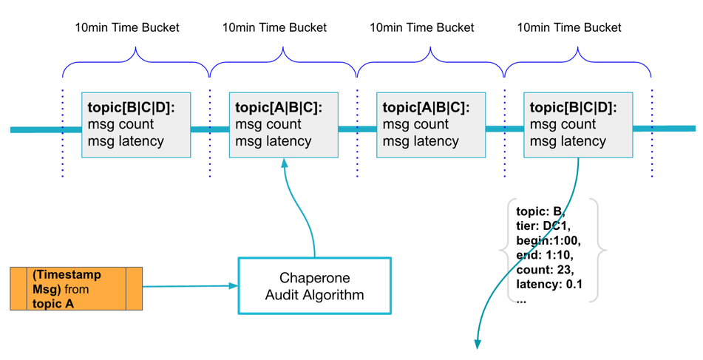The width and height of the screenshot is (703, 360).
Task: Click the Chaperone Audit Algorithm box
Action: pos(314,286)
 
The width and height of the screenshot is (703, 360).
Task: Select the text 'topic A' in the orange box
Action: pos(53,303)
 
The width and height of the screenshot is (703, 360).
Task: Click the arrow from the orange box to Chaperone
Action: pos(189,286)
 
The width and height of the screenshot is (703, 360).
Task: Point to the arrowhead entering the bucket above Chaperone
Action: pos(284,163)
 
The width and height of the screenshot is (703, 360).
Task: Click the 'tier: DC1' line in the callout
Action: pos(543,226)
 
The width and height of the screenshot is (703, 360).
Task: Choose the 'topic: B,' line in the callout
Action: pos(540,211)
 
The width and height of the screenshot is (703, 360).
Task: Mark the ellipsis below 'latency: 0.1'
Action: pos(521,299)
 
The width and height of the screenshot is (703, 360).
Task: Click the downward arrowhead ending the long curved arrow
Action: pos(478,343)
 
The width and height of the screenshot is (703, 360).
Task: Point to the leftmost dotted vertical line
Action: pos(63,133)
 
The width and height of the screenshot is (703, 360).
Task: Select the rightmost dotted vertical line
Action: pos(651,133)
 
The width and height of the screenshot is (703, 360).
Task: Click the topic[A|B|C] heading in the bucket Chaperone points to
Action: pos(278,108)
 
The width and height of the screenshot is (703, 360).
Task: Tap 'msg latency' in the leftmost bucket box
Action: pos(126,141)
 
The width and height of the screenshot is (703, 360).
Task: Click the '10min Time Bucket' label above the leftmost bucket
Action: pos(127,28)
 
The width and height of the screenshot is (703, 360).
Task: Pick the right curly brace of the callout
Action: pos(600,251)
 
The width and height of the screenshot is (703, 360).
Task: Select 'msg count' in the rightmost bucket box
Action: pos(563,124)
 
